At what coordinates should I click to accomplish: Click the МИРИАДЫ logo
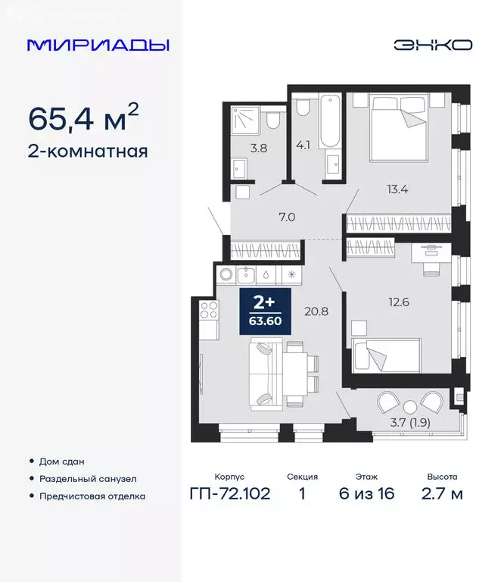pyautogui.click(x=98, y=45)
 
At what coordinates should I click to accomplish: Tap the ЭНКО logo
pyautogui.click(x=432, y=45)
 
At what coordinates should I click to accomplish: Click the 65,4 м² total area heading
pyautogui.click(x=83, y=117)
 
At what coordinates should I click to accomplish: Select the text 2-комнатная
pyautogui.click(x=87, y=151)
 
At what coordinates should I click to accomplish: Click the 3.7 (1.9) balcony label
pyautogui.click(x=409, y=423)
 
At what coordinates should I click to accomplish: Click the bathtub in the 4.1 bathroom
pyautogui.click(x=330, y=121)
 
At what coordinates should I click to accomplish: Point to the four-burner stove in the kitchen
pyautogui.click(x=208, y=311)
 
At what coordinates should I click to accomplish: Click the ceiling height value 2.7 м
pyautogui.click(x=441, y=495)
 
